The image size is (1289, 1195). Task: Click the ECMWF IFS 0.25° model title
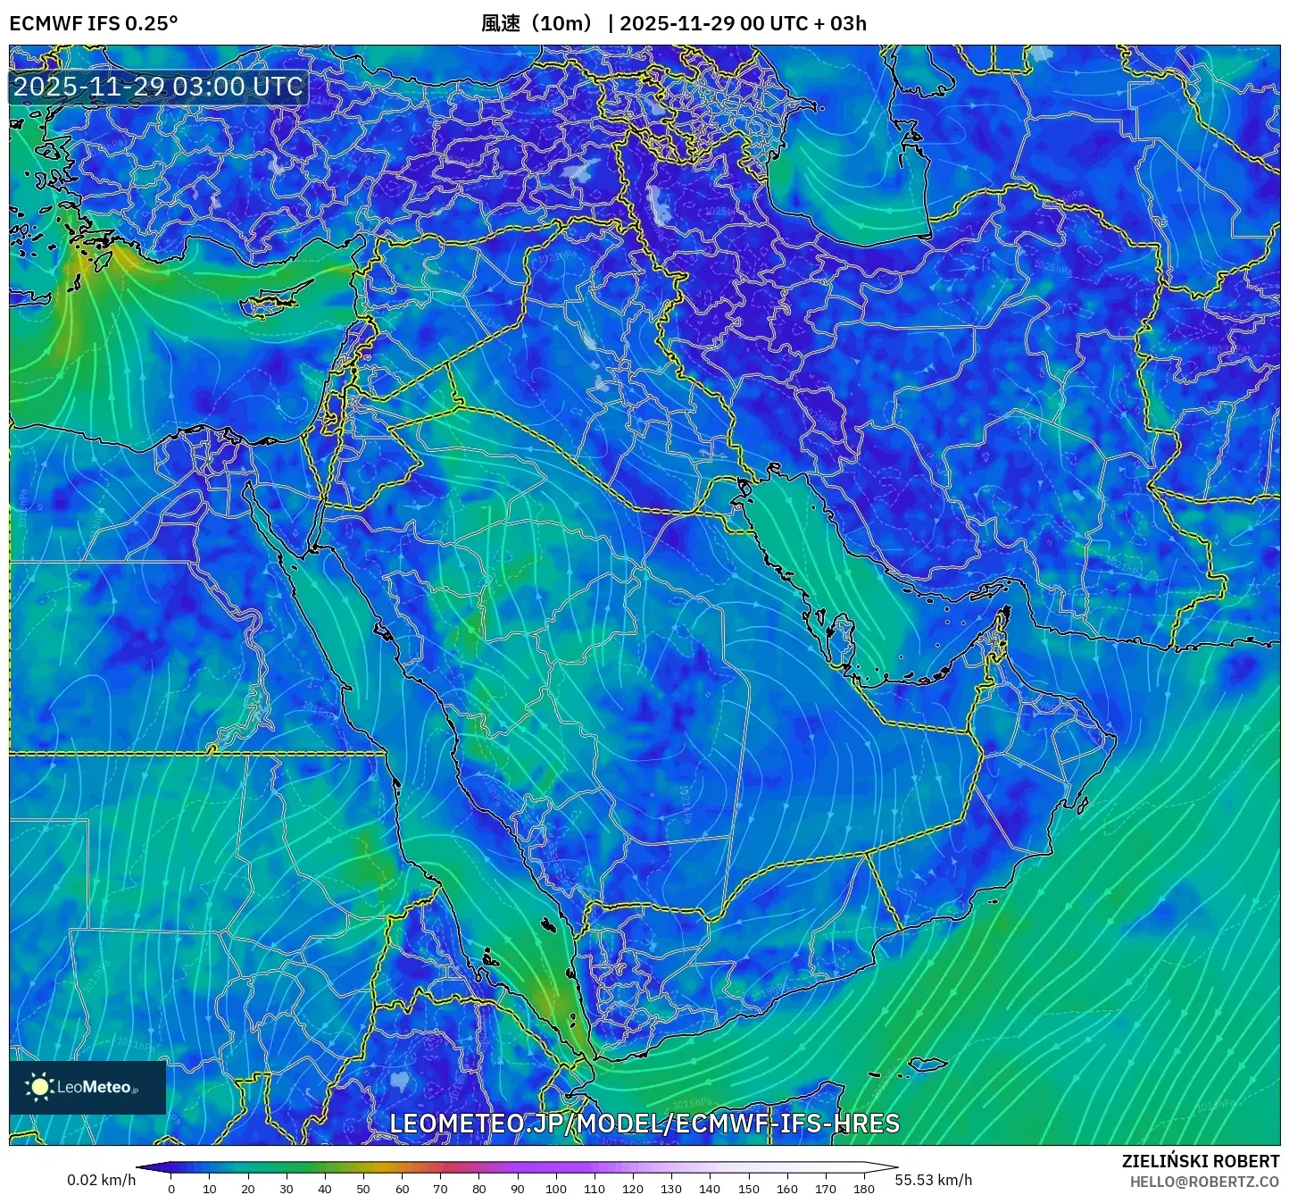click(x=93, y=23)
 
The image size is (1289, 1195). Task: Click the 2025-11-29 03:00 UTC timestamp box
click(x=158, y=87)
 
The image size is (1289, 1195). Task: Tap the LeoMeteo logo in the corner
click(x=87, y=1087)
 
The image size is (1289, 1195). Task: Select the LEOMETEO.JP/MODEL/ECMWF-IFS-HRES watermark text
click(x=644, y=1123)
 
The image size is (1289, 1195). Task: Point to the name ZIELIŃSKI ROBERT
click(x=1200, y=1161)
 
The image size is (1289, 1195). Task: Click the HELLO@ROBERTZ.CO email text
click(x=1204, y=1182)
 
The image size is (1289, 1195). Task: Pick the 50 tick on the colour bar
click(x=363, y=1188)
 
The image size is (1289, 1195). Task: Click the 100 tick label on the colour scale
click(x=556, y=1188)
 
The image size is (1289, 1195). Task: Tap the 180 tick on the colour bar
click(x=863, y=1188)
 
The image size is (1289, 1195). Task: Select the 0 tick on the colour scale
click(x=171, y=1188)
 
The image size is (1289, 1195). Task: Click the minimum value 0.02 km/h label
click(x=101, y=1180)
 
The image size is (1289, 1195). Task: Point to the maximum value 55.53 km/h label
click(x=934, y=1180)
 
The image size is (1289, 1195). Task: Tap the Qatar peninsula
click(x=842, y=636)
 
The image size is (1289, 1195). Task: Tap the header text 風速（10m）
click(x=536, y=23)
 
